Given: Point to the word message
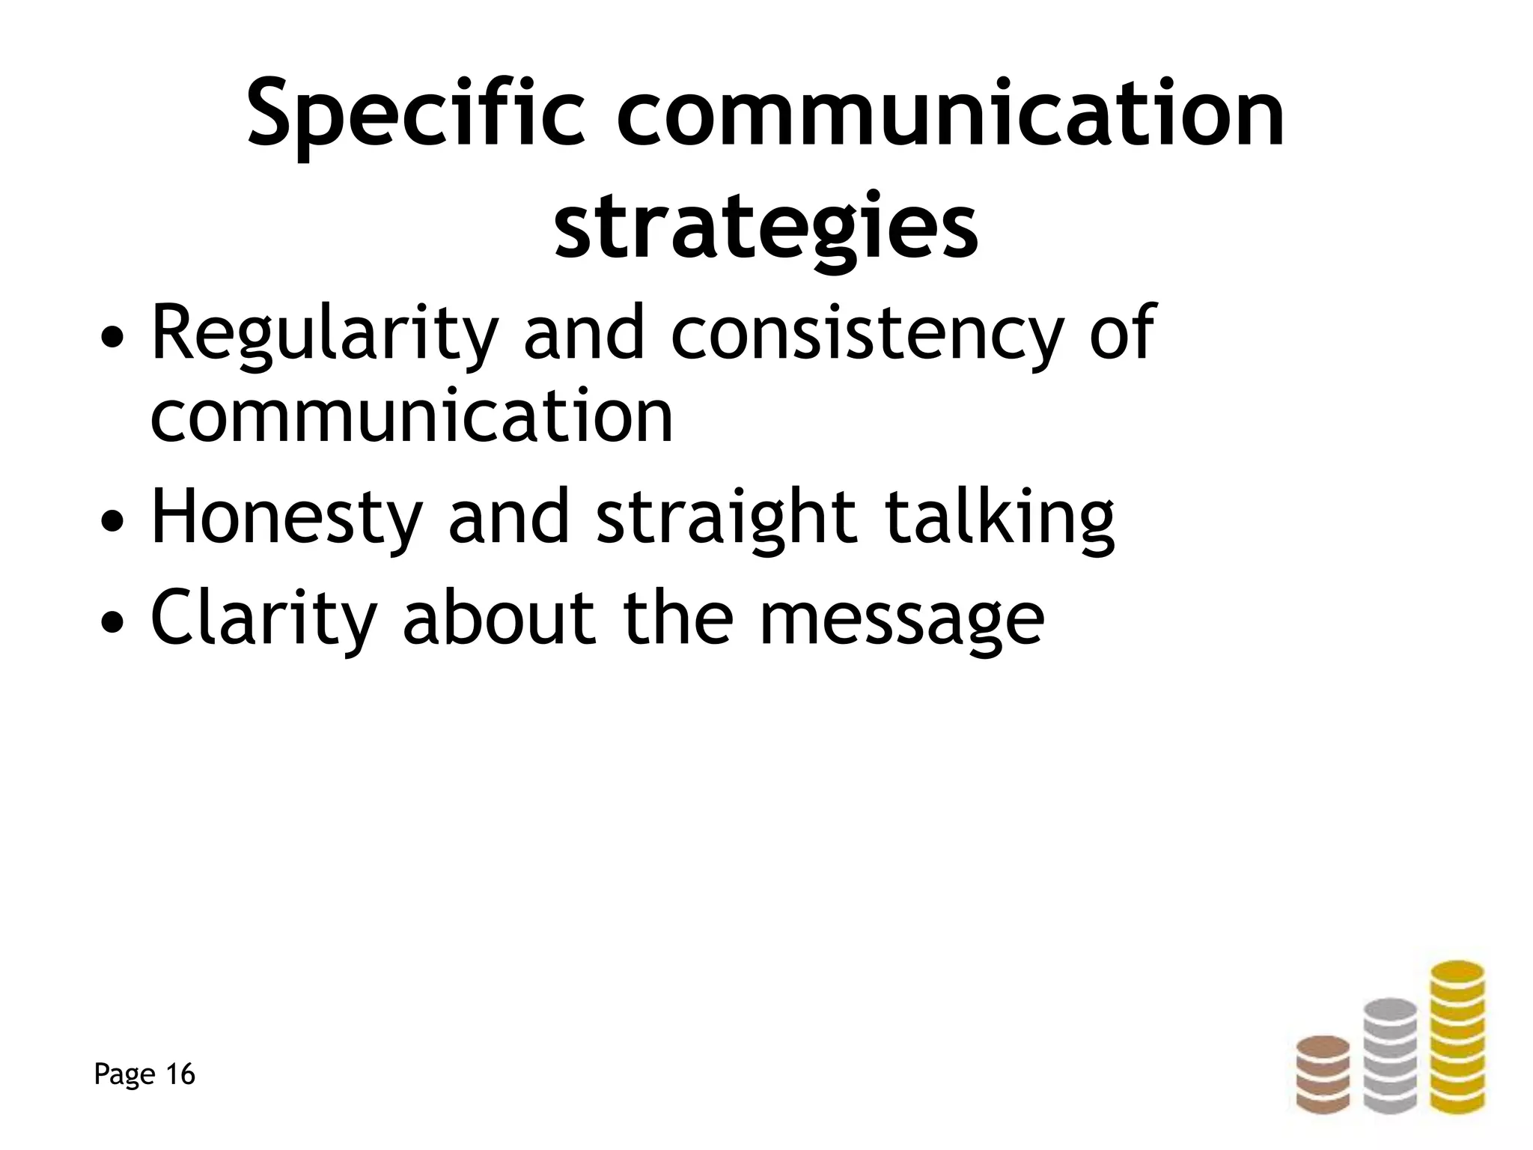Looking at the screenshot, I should pos(901,618).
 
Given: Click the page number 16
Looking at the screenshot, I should pos(180,1074).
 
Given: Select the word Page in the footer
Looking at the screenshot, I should pos(125,1075).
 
